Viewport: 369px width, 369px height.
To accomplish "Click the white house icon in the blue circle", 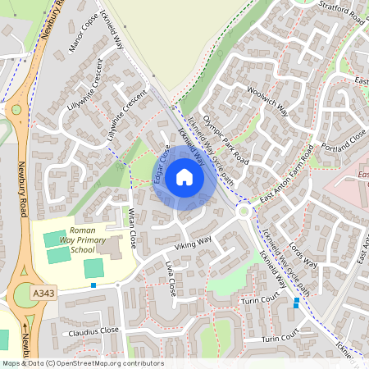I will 184,177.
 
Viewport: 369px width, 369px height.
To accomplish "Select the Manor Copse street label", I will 84,32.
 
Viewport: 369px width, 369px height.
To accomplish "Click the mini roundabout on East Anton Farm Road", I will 244,212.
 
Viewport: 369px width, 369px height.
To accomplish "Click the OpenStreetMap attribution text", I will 82,363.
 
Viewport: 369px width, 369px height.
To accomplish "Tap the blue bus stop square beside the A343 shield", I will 94,285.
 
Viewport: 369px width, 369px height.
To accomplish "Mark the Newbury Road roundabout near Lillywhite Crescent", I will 14,109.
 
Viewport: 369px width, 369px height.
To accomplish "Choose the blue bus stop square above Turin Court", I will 297,301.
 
